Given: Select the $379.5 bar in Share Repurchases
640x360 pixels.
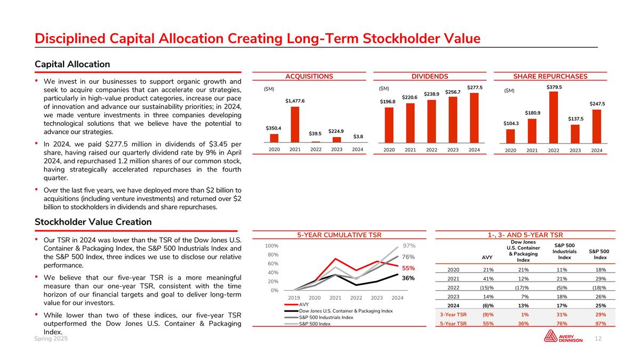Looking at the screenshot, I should (x=554, y=117).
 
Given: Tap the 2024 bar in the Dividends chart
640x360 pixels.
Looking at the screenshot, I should (x=474, y=118).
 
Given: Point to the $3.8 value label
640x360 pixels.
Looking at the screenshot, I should (x=358, y=137).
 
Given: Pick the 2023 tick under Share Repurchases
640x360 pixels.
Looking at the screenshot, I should (x=575, y=150).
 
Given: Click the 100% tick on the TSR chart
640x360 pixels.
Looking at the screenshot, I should (x=272, y=246).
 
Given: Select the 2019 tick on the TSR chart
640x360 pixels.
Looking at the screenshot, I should (x=294, y=298).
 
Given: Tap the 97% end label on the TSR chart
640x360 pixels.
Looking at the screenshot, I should (x=409, y=246).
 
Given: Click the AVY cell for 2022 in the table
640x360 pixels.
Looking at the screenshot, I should (x=486, y=288).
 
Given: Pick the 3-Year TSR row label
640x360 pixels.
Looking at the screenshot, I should (x=455, y=315).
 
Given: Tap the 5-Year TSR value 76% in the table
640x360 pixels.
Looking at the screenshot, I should (x=564, y=323).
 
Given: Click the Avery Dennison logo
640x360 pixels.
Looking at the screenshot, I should (x=563, y=337).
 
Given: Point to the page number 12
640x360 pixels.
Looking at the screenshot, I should (x=598, y=339).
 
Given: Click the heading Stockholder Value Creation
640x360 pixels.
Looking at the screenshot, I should (x=93, y=222).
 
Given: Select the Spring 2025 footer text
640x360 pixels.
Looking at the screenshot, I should (x=51, y=339).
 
